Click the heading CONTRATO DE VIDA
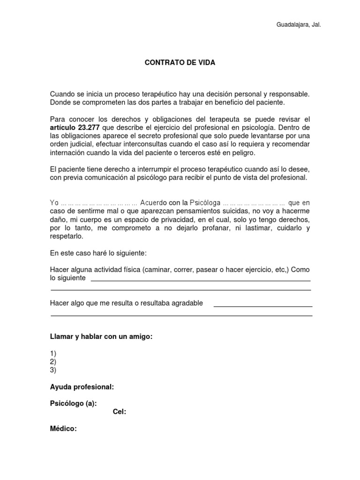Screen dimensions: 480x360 tap(180, 63)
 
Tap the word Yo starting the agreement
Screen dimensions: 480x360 tap(54, 203)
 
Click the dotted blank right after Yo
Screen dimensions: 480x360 tap(99, 203)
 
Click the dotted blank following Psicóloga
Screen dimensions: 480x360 tap(254, 203)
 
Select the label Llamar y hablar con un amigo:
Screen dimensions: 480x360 tap(102, 337)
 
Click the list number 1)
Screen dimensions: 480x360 tap(53, 353)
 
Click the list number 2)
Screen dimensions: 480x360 tap(53, 361)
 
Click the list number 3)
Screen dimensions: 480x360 tap(53, 370)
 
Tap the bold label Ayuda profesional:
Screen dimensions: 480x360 tap(82, 387)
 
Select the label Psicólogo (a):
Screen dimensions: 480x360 tap(74, 403)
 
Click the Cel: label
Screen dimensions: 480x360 tap(120, 412)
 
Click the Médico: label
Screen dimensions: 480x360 tap(63, 428)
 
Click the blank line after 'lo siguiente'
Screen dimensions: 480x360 tap(200, 280)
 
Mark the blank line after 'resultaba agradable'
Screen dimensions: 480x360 tap(263, 306)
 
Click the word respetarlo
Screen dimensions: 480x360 tap(66, 237)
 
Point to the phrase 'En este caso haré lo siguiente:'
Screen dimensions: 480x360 tap(98, 253)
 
